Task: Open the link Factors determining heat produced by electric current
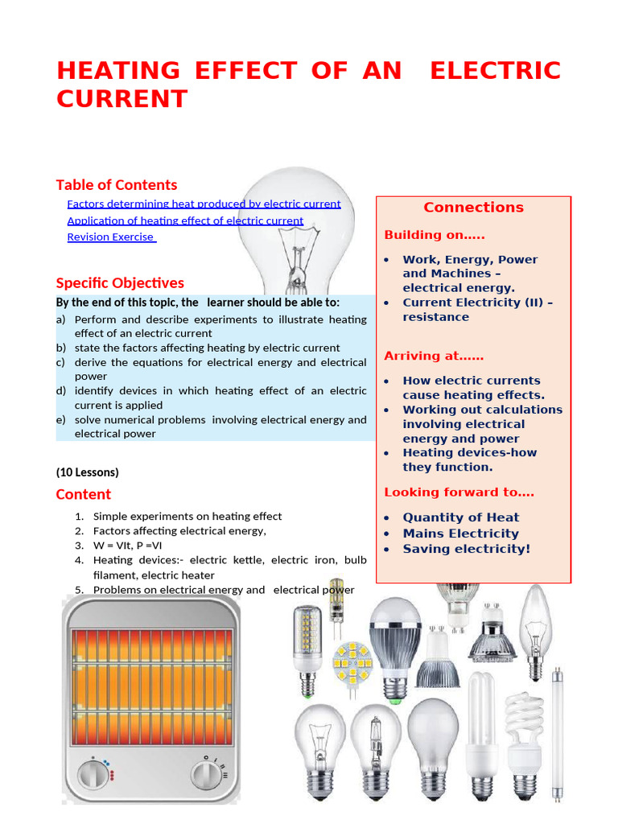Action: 204,204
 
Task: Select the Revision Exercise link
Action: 111,237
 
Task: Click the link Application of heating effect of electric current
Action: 185,220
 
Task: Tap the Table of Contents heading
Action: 117,185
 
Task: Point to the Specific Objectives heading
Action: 120,283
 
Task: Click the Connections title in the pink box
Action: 473,208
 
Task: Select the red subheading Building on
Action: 434,235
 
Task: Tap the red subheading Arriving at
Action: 434,356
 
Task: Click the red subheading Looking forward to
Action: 459,492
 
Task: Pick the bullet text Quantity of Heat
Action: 460,517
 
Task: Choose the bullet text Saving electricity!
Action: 466,549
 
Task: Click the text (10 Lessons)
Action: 87,472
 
